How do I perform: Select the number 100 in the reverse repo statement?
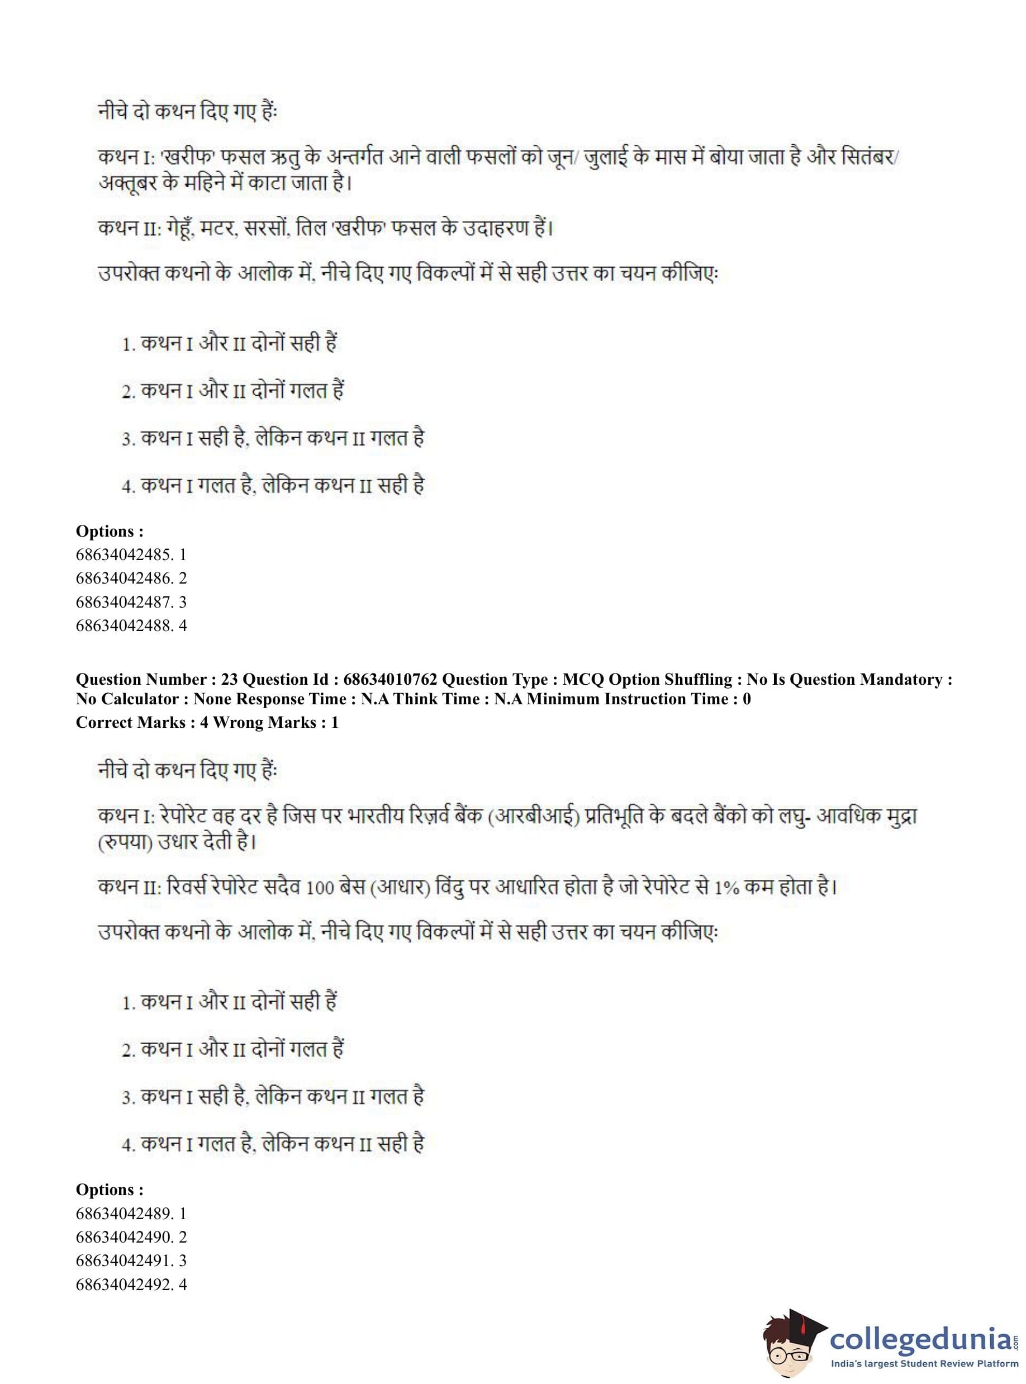[x=320, y=888]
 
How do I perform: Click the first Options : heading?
[x=110, y=531]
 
